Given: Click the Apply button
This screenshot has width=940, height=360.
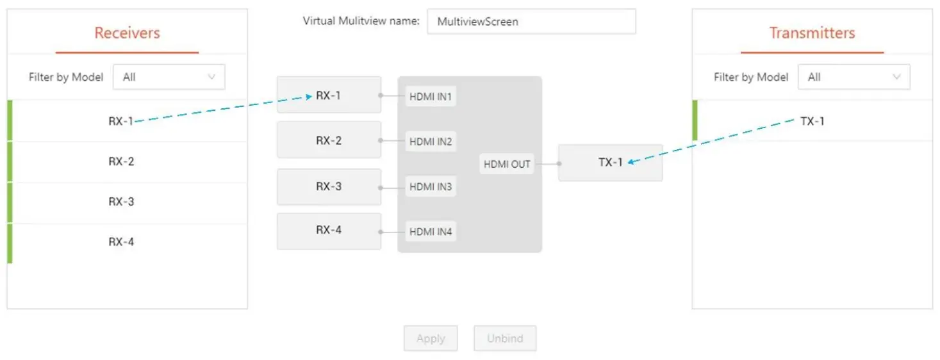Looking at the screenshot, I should click(x=431, y=338).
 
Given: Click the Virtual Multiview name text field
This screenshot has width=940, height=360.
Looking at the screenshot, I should click(x=531, y=21).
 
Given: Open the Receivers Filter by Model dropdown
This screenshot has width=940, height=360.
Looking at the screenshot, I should click(x=169, y=77).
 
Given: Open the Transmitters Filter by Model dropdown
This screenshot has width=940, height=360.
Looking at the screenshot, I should click(x=853, y=77).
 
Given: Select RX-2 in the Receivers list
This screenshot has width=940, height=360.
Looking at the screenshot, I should click(x=121, y=161).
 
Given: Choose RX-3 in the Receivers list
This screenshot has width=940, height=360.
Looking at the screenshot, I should click(x=121, y=202).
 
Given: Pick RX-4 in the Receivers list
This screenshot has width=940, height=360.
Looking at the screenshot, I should click(x=121, y=242).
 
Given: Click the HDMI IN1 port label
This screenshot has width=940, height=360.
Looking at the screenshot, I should click(x=431, y=97).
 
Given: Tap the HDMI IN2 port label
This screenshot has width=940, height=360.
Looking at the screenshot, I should click(x=431, y=142).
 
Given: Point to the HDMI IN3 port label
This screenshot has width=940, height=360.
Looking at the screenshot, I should click(x=431, y=187).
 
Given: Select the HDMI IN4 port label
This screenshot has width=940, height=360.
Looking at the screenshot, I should click(x=431, y=231).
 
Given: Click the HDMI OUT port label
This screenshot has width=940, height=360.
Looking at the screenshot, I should click(x=507, y=164).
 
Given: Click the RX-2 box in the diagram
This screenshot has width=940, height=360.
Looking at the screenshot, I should click(x=329, y=140).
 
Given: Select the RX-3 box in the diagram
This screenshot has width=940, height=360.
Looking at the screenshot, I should click(x=329, y=187).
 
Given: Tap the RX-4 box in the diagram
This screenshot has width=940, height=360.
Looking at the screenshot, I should click(x=329, y=231).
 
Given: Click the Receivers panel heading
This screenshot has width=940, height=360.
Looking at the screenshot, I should click(x=127, y=33).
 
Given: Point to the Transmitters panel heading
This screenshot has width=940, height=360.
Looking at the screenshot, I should click(x=812, y=33).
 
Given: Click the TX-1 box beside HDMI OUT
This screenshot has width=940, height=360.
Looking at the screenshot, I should click(x=610, y=163).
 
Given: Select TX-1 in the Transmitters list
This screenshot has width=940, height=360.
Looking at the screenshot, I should click(x=812, y=121).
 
